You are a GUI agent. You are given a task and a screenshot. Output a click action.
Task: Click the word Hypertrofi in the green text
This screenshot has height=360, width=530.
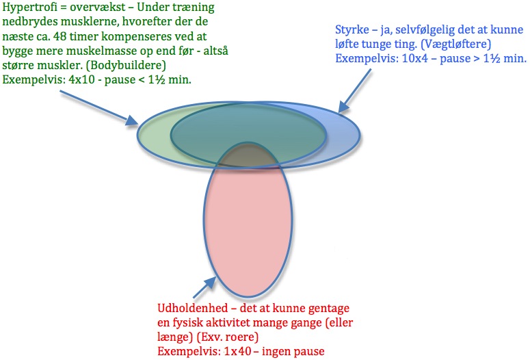30,8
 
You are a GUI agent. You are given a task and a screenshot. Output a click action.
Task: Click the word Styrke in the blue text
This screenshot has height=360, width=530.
352,30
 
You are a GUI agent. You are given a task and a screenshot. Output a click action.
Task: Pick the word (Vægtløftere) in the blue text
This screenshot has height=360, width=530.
456,44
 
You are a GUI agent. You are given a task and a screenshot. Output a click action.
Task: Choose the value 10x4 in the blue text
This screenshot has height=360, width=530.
414,58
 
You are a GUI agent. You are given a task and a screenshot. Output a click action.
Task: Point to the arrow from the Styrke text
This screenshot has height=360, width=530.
354,90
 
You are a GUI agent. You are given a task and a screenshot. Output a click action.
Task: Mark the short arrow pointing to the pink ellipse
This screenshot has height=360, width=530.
204,287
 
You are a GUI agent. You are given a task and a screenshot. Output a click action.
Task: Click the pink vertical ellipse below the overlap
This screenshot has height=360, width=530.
248,230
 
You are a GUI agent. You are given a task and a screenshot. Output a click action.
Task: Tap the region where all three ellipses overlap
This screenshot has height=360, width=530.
248,155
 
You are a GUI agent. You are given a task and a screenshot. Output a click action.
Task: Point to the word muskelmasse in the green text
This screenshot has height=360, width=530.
95,51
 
